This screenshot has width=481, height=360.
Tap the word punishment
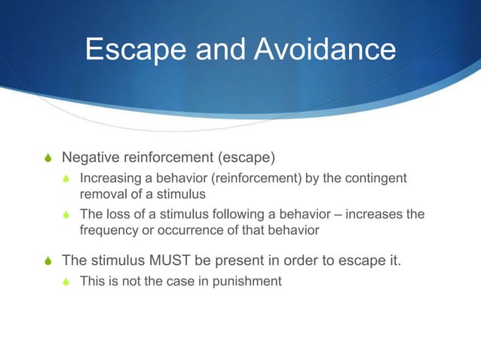247,282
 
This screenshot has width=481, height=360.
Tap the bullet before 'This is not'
69,282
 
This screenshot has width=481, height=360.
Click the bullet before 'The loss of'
69,215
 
